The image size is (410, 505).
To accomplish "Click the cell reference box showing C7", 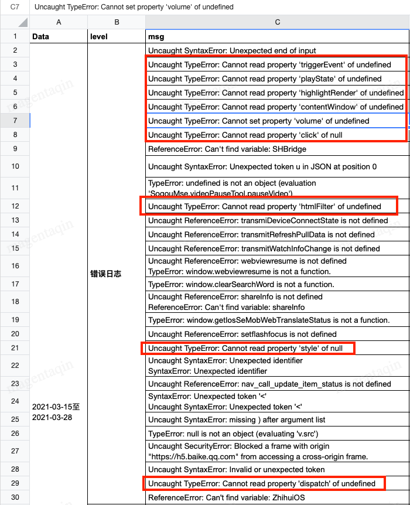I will pos(15,7).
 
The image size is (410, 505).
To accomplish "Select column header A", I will pos(59,22).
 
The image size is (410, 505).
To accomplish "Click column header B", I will pos(117,22).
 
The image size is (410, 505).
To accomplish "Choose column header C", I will pos(277,22).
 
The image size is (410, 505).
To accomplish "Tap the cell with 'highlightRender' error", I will pos(276,93).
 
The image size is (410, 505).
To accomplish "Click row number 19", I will pos(15,320).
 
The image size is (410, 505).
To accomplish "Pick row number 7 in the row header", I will pos(15,121).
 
